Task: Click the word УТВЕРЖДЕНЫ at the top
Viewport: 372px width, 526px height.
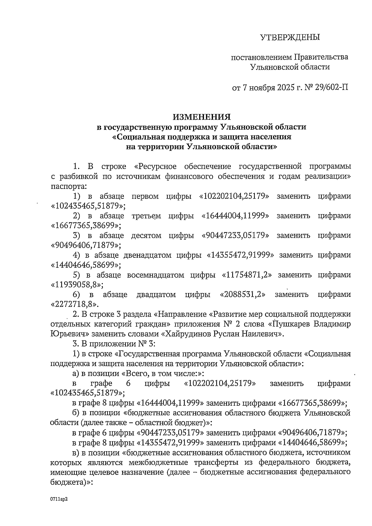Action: pos(289,38)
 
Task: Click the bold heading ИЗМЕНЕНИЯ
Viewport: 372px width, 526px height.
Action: pos(201,117)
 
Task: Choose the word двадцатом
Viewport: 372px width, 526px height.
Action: pos(156,294)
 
